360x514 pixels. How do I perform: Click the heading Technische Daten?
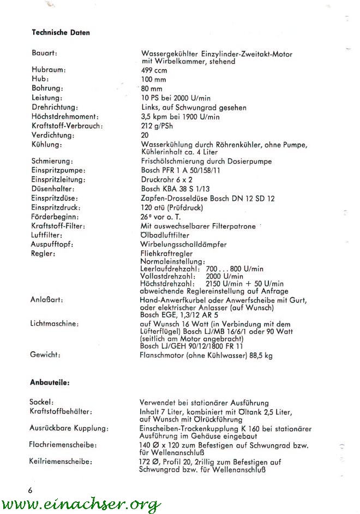(61, 33)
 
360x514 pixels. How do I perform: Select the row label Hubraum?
(49, 70)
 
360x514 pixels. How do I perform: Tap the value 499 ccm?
(154, 70)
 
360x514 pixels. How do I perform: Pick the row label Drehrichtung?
(55, 107)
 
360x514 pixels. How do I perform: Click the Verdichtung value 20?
(145, 135)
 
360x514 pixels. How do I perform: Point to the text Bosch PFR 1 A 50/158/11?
(181, 170)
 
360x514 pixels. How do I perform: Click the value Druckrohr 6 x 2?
(164, 180)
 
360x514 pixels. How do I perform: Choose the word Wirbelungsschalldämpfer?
(183, 244)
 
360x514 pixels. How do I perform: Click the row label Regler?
(44, 254)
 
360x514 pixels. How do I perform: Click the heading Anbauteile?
(50, 382)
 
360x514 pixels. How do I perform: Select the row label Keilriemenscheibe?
(60, 462)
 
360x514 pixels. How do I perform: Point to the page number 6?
(30, 490)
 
